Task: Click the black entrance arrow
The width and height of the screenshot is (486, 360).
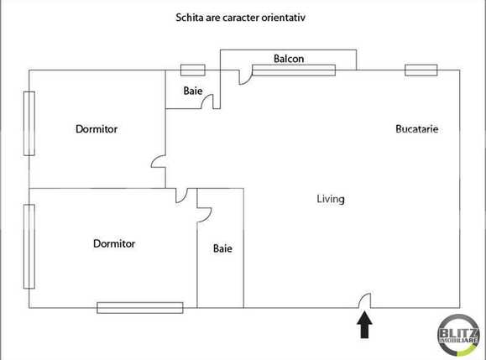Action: click(365, 326)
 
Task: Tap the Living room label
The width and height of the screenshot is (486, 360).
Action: click(331, 200)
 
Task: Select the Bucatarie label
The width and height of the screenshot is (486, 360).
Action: click(417, 129)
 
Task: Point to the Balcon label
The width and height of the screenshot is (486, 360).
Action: click(289, 59)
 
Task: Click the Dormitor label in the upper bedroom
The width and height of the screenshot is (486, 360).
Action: click(97, 129)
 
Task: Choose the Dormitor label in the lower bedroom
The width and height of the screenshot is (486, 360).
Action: click(114, 244)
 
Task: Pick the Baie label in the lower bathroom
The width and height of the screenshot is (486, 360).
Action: click(222, 248)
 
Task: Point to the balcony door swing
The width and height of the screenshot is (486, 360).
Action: click(245, 78)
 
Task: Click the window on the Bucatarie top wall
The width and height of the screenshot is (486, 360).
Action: click(421, 70)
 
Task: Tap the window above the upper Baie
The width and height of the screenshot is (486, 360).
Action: click(193, 70)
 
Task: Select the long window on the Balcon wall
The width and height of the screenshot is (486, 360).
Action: click(294, 70)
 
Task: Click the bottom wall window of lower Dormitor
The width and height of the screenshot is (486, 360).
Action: click(140, 308)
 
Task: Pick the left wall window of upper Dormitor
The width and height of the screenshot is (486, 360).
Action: click(29, 123)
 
